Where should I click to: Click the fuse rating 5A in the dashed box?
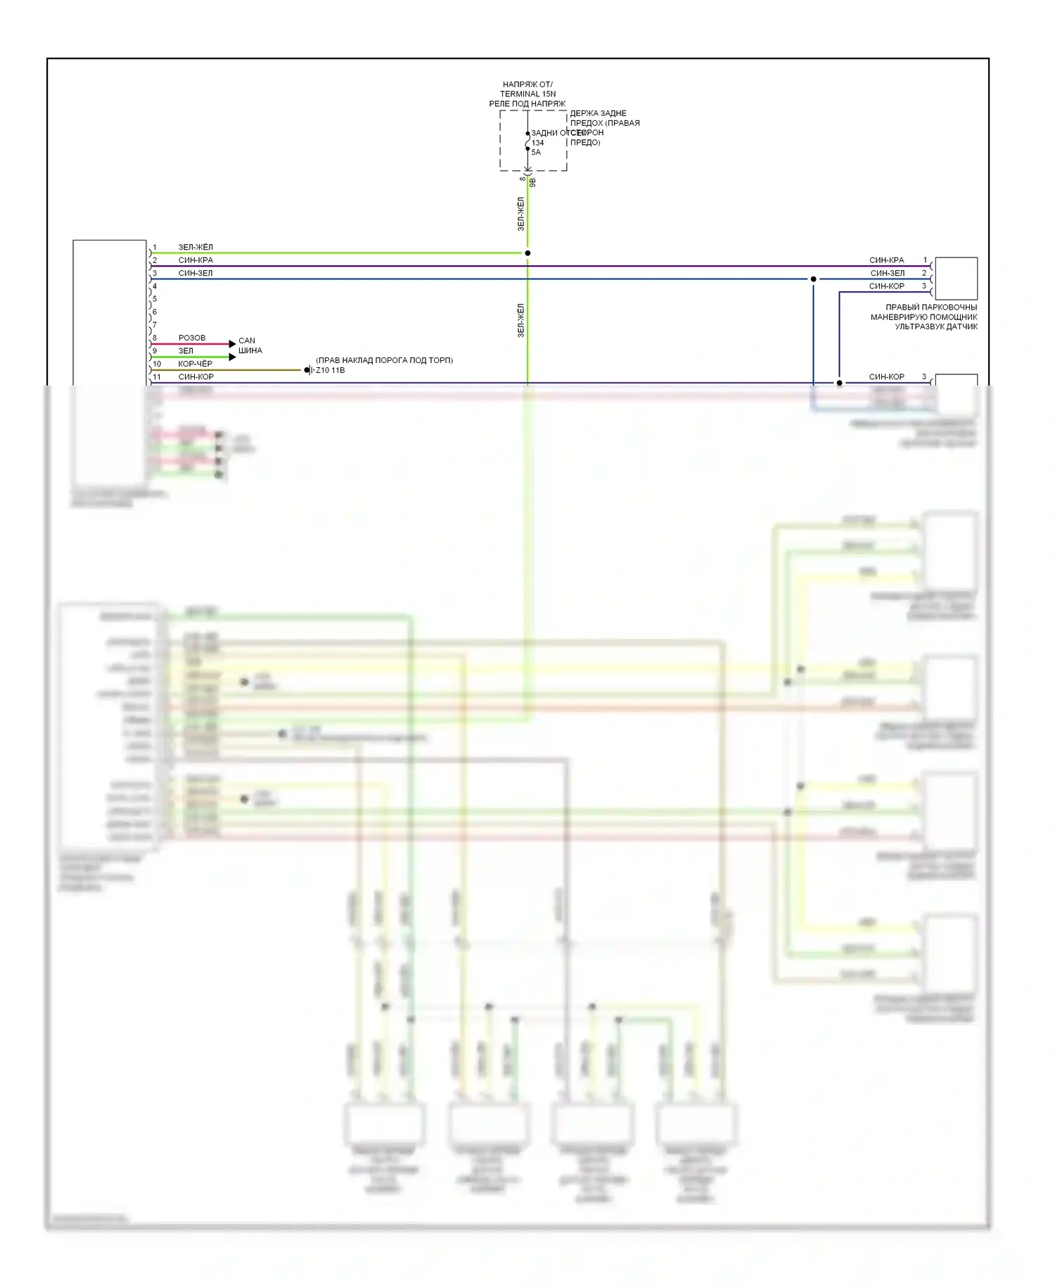pos(536,152)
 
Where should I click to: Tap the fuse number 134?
pos(537,143)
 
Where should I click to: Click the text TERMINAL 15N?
pos(527,94)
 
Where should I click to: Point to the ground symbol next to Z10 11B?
pos(308,370)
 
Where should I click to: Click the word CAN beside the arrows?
pos(247,340)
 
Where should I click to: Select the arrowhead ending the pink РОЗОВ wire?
pos(233,344)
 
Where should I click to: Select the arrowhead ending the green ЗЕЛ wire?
pos(233,357)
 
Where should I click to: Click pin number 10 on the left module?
pos(157,364)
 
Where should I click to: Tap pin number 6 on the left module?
pos(155,312)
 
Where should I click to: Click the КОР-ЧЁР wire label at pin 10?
pos(195,364)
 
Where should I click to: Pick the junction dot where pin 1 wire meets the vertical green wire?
pos(527,253)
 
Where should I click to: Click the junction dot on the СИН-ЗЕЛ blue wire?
pos(814,279)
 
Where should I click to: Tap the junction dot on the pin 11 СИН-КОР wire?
pos(839,383)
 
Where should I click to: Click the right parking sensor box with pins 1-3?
pos(956,279)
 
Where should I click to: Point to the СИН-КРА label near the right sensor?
pos(886,260)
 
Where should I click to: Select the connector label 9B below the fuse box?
pos(532,182)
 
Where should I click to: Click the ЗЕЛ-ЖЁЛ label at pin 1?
pos(196,248)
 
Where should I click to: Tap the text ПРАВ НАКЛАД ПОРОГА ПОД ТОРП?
pos(384,360)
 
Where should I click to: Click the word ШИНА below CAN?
pos(250,350)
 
